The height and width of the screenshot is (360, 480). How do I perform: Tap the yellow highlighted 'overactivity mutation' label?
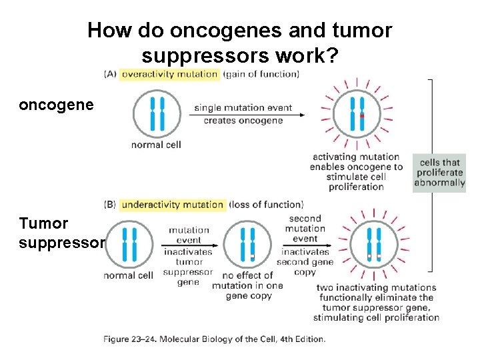tap(169, 74)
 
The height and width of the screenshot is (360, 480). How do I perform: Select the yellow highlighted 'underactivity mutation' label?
tap(173, 205)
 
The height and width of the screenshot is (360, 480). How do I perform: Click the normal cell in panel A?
tap(157, 113)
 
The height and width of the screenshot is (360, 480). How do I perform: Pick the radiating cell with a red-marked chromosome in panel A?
tap(357, 114)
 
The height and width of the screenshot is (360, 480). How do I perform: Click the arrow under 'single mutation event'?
tap(247, 115)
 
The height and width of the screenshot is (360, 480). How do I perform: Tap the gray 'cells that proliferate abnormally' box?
tap(439, 173)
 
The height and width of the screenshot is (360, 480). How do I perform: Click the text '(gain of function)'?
tap(261, 74)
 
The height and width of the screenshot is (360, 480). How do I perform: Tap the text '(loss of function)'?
tap(267, 205)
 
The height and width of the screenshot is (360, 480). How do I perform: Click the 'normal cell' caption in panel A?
tap(156, 145)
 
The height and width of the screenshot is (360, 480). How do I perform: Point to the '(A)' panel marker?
tap(111, 74)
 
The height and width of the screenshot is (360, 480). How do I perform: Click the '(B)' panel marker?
tap(111, 205)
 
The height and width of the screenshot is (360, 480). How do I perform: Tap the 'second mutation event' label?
tap(305, 229)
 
